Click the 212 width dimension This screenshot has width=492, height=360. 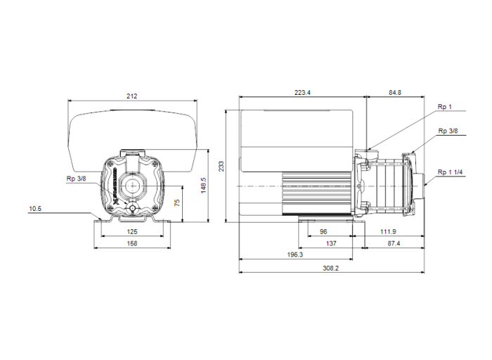[x=131, y=96]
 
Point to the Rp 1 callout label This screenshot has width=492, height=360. [x=444, y=106]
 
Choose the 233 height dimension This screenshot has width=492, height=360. [x=221, y=165]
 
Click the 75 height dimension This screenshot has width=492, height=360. [x=178, y=202]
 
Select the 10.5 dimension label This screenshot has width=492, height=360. [x=36, y=208]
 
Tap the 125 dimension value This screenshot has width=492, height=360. [x=131, y=231]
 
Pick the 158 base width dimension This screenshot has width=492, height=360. [x=131, y=243]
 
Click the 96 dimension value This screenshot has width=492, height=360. [x=323, y=231]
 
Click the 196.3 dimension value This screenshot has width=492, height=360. [x=295, y=255]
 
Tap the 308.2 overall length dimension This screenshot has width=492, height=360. [x=331, y=268]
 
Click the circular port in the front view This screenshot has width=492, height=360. [x=131, y=186]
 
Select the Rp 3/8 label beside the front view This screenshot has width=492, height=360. [x=76, y=179]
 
